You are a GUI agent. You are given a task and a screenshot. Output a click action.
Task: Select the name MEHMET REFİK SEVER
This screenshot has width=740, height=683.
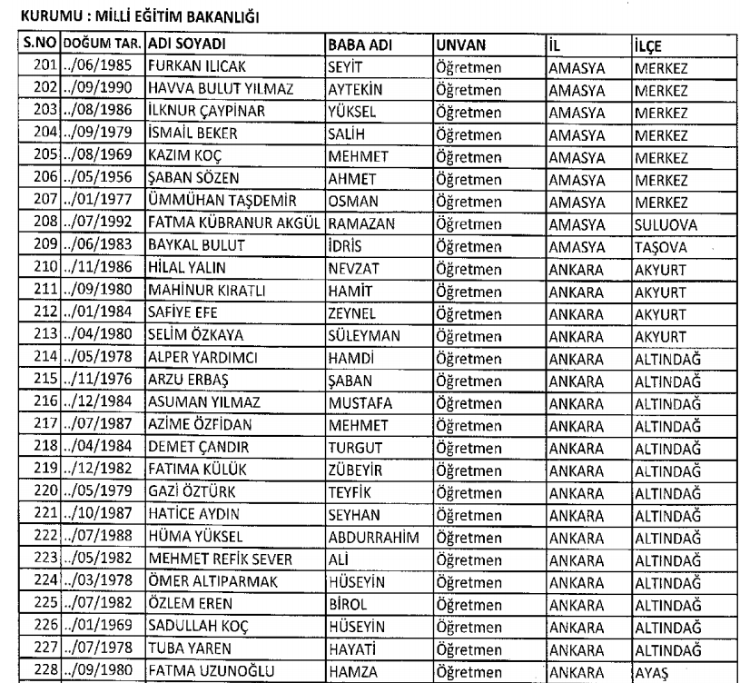click(212, 558)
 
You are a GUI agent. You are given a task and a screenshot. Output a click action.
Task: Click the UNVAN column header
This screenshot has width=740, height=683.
click(459, 45)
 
